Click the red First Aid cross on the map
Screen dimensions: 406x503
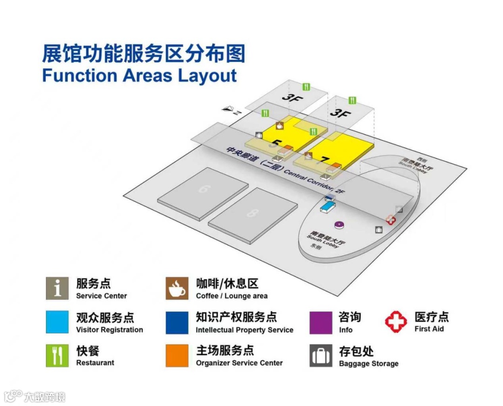pyautogui.click(x=390, y=220)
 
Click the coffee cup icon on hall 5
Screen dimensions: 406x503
pyautogui.click(x=279, y=125)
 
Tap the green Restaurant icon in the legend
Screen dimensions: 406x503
pyautogui.click(x=57, y=355)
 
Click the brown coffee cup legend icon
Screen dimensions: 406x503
pyautogui.click(x=177, y=289)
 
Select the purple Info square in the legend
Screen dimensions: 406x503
pyautogui.click(x=321, y=322)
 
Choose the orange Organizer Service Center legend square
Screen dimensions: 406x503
pyautogui.click(x=177, y=355)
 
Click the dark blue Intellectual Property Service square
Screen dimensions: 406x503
pyautogui.click(x=177, y=322)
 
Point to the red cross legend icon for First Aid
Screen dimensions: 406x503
pyautogui.click(x=396, y=322)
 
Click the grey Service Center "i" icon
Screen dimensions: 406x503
pyautogui.click(x=57, y=289)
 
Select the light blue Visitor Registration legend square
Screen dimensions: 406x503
pyautogui.click(x=57, y=322)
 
